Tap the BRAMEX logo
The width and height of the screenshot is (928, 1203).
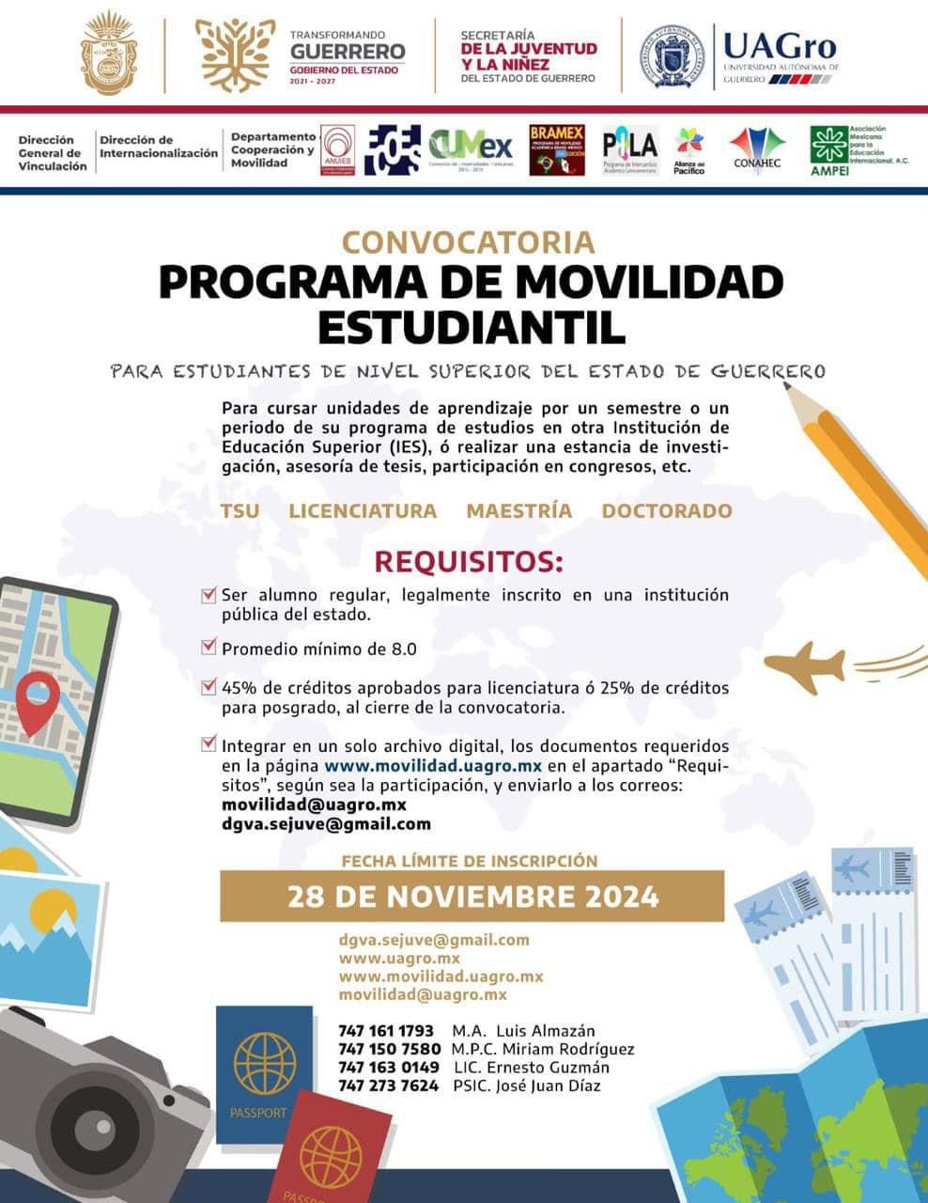[557, 150]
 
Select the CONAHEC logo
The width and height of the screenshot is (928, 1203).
[757, 150]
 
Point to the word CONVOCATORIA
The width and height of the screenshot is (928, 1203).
[468, 242]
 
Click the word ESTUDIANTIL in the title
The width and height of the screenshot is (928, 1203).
[471, 327]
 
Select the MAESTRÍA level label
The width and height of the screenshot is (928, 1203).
[518, 510]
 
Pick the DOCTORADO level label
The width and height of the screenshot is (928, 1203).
[666, 510]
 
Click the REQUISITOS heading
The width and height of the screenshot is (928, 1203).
[469, 562]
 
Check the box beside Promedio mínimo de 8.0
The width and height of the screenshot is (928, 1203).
[209, 647]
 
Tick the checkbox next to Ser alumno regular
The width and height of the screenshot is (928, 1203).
[209, 594]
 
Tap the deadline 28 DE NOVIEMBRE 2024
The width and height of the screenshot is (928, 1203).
[472, 896]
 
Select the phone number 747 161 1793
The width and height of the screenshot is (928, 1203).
[386, 1031]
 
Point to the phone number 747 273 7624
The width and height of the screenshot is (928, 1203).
[388, 1086]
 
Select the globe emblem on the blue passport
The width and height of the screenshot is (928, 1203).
[264, 1064]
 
